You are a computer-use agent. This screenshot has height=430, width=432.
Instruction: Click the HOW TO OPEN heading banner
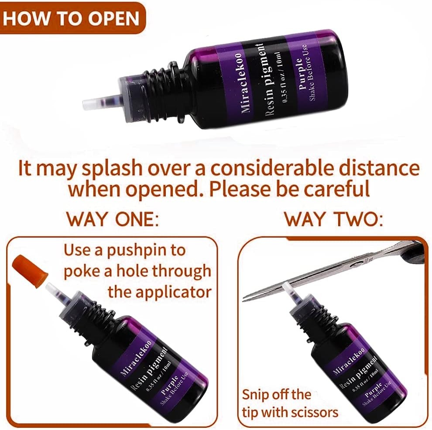[72, 18]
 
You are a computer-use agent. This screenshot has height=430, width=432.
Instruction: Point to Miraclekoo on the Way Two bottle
[349, 361]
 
